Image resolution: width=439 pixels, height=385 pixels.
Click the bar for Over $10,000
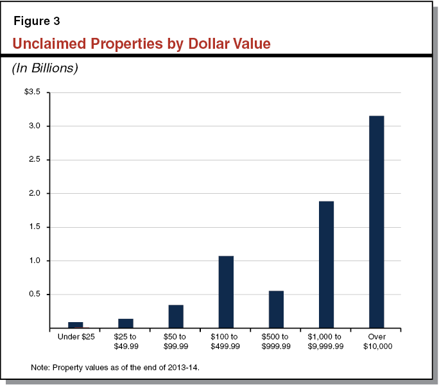376,222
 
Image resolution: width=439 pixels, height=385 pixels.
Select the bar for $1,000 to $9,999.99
326,264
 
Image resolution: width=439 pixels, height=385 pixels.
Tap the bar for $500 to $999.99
276,309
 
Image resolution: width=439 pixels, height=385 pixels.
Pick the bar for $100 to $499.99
226,292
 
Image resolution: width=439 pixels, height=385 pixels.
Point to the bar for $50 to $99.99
176,316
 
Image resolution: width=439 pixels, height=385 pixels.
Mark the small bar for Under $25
76,325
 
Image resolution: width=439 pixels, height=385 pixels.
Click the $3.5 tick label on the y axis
32,92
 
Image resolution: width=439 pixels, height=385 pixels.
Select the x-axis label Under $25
76,337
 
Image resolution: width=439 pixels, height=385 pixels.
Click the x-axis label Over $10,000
376,341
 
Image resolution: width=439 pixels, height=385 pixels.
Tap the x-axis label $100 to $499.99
226,341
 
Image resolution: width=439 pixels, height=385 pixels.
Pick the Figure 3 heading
37,21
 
